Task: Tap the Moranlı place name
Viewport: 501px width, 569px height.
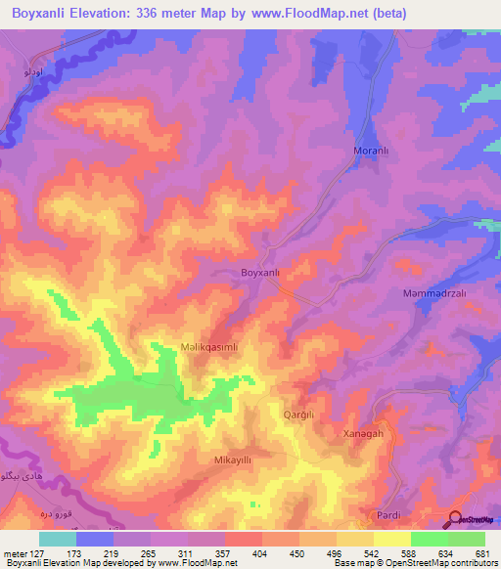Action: (x=372, y=152)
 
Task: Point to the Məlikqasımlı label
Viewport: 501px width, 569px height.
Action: (x=196, y=347)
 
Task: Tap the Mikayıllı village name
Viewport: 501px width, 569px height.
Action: (x=233, y=459)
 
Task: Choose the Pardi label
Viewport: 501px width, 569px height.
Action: (x=389, y=514)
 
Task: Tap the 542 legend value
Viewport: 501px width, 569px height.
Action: (x=355, y=552)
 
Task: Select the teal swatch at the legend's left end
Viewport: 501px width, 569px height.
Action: (x=58, y=539)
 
